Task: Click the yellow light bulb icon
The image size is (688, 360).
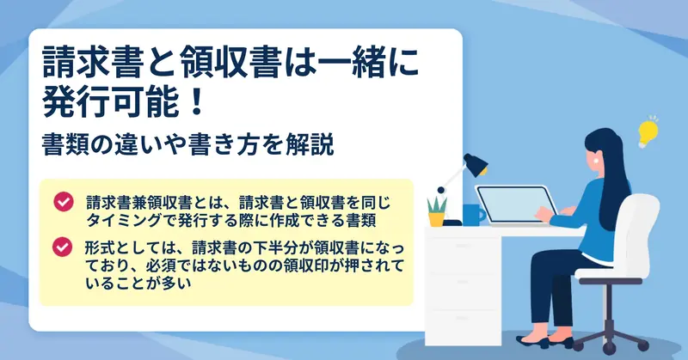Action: [x=648, y=132]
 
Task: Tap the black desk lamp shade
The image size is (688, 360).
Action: [x=476, y=165]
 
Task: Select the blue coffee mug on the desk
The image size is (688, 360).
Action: [x=474, y=215]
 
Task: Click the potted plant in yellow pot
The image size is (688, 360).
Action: [x=437, y=211]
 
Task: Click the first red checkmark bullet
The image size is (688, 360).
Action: [x=64, y=202]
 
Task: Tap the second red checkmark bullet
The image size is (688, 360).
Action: [x=62, y=247]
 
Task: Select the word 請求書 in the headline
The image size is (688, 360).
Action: [x=94, y=63]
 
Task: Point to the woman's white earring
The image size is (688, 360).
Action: [x=596, y=161]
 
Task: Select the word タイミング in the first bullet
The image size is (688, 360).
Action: [x=124, y=220]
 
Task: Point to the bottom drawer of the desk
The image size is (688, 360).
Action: [x=464, y=326]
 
